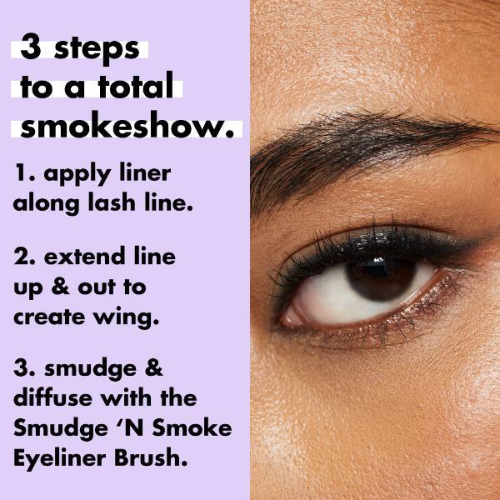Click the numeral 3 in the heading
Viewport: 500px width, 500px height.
pos(31,49)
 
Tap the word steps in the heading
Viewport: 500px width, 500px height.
pos(97,50)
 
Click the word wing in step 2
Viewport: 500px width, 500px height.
pos(133,317)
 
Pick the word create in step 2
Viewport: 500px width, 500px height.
pos(50,317)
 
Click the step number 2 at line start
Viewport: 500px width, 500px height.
pos(21,257)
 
